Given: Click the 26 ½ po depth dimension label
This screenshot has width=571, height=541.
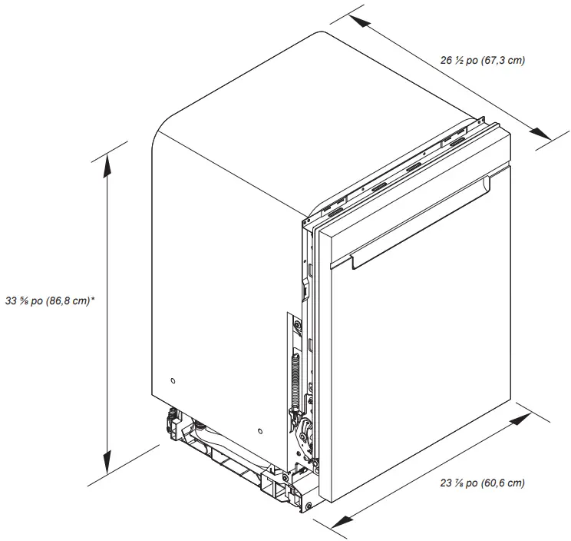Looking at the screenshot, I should pos(483,60).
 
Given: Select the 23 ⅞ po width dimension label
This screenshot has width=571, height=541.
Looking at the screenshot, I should pos(483,483).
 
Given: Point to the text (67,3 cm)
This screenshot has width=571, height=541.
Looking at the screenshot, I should pos(503,60).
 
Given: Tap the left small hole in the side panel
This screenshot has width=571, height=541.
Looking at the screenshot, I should pos(174,381).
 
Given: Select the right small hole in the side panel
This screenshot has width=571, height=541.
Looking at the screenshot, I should pos(262,432).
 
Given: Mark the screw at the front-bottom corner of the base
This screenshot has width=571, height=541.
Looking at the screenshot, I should pos(309,505).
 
